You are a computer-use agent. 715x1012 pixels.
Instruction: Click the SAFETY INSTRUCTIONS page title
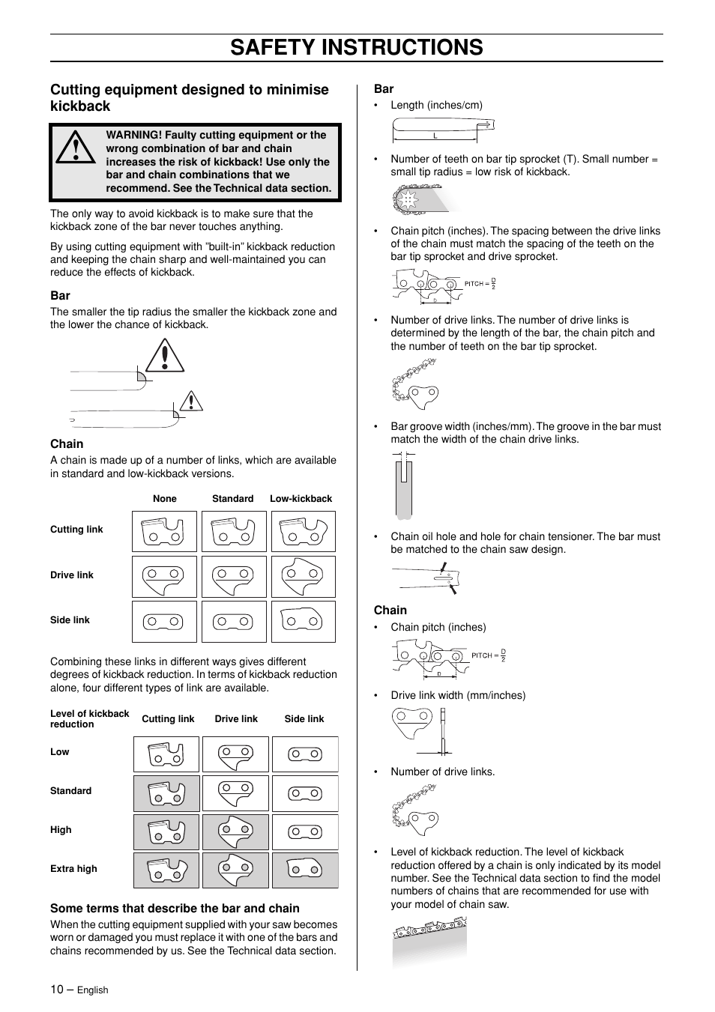[x=357, y=47]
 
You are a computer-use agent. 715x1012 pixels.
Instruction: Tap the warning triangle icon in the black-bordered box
[x=75, y=148]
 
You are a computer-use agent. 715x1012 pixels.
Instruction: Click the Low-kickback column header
[x=301, y=499]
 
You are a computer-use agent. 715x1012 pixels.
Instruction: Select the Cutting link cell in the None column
[x=164, y=531]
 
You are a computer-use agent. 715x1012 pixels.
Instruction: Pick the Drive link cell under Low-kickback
[x=303, y=577]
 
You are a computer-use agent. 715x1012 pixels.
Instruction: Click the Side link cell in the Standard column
[x=234, y=622]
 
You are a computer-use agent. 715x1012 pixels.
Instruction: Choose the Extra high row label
[x=73, y=869]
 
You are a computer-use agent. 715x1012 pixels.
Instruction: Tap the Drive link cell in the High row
[x=235, y=831]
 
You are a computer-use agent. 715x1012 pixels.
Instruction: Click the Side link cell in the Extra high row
[x=305, y=870]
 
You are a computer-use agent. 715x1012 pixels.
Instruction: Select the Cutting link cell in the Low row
[x=166, y=754]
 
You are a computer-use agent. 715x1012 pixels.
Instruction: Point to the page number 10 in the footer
[x=57, y=990]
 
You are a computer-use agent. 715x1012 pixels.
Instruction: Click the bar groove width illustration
[x=405, y=488]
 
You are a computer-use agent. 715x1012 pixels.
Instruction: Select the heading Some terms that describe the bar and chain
[x=175, y=909]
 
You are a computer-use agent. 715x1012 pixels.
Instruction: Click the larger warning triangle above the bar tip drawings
[x=166, y=357]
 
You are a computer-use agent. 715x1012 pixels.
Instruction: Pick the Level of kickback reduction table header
[x=89, y=719]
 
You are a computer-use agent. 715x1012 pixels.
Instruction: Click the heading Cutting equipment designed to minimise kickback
[x=190, y=98]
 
